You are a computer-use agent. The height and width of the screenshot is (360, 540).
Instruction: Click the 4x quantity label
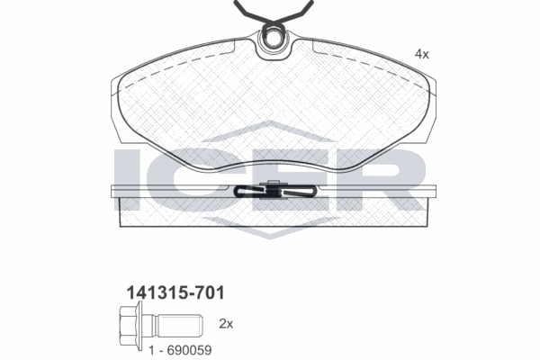tap(421, 54)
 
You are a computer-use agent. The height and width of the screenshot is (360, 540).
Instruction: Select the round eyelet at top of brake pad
tap(273, 40)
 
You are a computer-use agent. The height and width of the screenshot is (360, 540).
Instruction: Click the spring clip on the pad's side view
tap(273, 192)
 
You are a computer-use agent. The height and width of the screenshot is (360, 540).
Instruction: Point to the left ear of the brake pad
tap(116, 99)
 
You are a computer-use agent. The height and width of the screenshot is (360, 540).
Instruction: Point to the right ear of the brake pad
tap(430, 99)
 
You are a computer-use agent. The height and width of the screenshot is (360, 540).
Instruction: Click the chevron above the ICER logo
tap(271, 130)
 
